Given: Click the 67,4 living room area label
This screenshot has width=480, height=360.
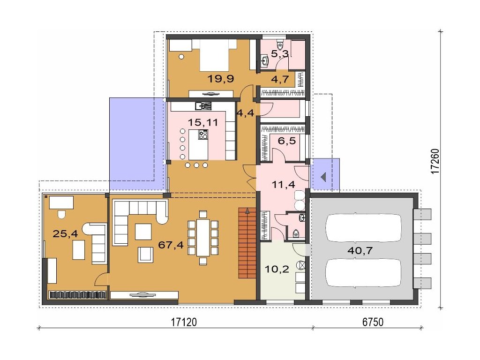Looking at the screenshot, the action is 171,245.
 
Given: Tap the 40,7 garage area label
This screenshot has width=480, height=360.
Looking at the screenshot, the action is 360,250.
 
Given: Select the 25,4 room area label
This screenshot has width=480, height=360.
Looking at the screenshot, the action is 65,234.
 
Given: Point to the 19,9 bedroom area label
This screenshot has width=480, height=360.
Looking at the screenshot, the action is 221,79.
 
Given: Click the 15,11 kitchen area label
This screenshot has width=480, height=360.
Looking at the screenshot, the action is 202,122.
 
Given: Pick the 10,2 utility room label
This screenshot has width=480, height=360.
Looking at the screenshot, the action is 277,270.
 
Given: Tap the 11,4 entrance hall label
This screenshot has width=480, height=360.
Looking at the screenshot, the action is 284,184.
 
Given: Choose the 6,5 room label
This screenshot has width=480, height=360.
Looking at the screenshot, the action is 287,141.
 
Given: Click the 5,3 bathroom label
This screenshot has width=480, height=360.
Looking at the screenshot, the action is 280,54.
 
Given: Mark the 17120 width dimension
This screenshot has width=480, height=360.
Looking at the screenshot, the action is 184,322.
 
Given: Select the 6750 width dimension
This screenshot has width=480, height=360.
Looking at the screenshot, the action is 373,322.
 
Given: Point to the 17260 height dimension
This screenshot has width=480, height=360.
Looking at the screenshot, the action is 435,161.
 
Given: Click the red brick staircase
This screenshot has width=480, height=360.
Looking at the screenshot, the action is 247,243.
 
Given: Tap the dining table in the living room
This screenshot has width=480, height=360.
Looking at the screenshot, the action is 203,238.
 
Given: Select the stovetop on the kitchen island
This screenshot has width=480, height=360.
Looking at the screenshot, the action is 203,135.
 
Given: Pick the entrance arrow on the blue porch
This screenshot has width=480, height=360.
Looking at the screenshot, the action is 323,177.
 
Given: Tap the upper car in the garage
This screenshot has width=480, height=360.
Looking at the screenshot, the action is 363,227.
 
